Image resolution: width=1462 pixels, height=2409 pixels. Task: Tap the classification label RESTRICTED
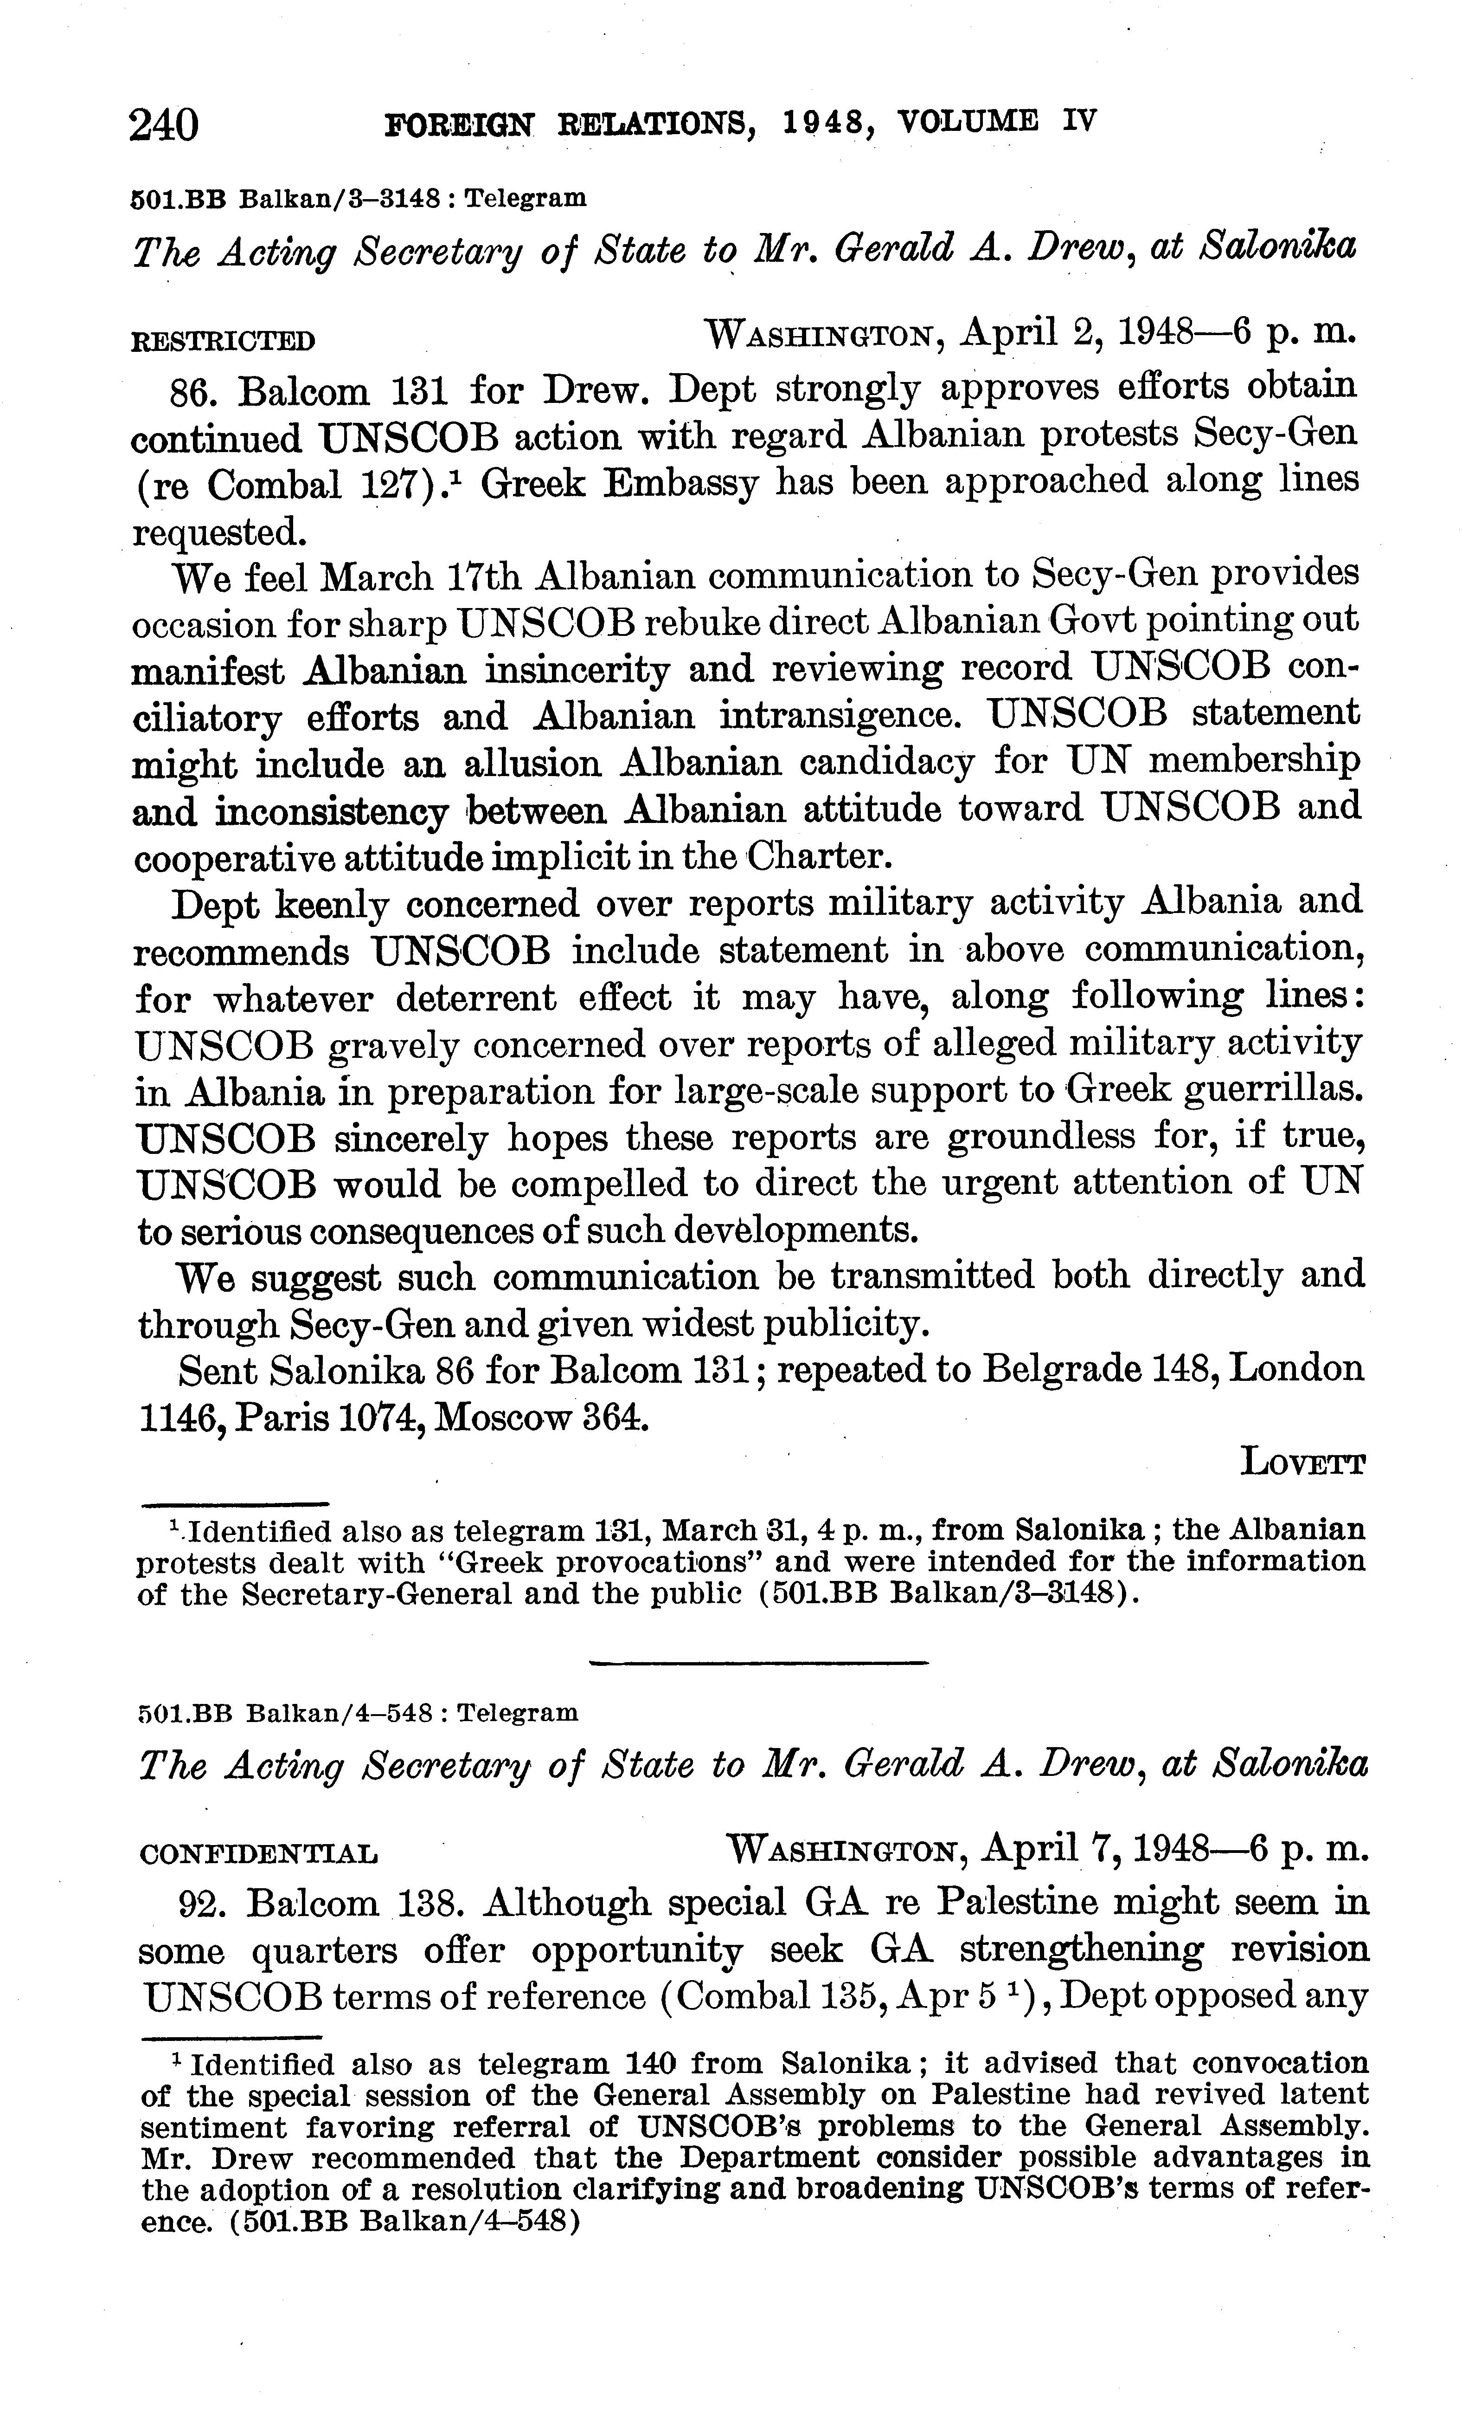223,341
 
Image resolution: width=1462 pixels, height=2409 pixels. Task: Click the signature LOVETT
1303,1464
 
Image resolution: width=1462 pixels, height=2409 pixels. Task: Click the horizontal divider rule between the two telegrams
758,1662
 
